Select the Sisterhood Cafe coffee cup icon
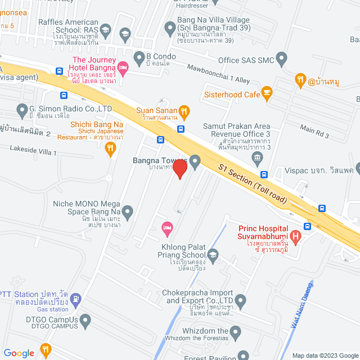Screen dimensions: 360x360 (x=267, y=94)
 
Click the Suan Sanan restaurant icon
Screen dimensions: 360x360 (x=184, y=111)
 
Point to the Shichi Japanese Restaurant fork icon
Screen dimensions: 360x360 (x=110, y=148)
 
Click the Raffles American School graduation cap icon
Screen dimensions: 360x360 (x=124, y=34)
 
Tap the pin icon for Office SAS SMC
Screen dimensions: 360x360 (x=281, y=58)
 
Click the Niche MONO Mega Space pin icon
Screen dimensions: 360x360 (x=128, y=212)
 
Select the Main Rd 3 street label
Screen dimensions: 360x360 (x=314, y=132)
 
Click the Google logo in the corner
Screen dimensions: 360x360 (x=19, y=353)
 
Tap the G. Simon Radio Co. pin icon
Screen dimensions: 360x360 (x=22, y=109)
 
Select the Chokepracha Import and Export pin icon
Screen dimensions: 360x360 (x=241, y=301)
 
